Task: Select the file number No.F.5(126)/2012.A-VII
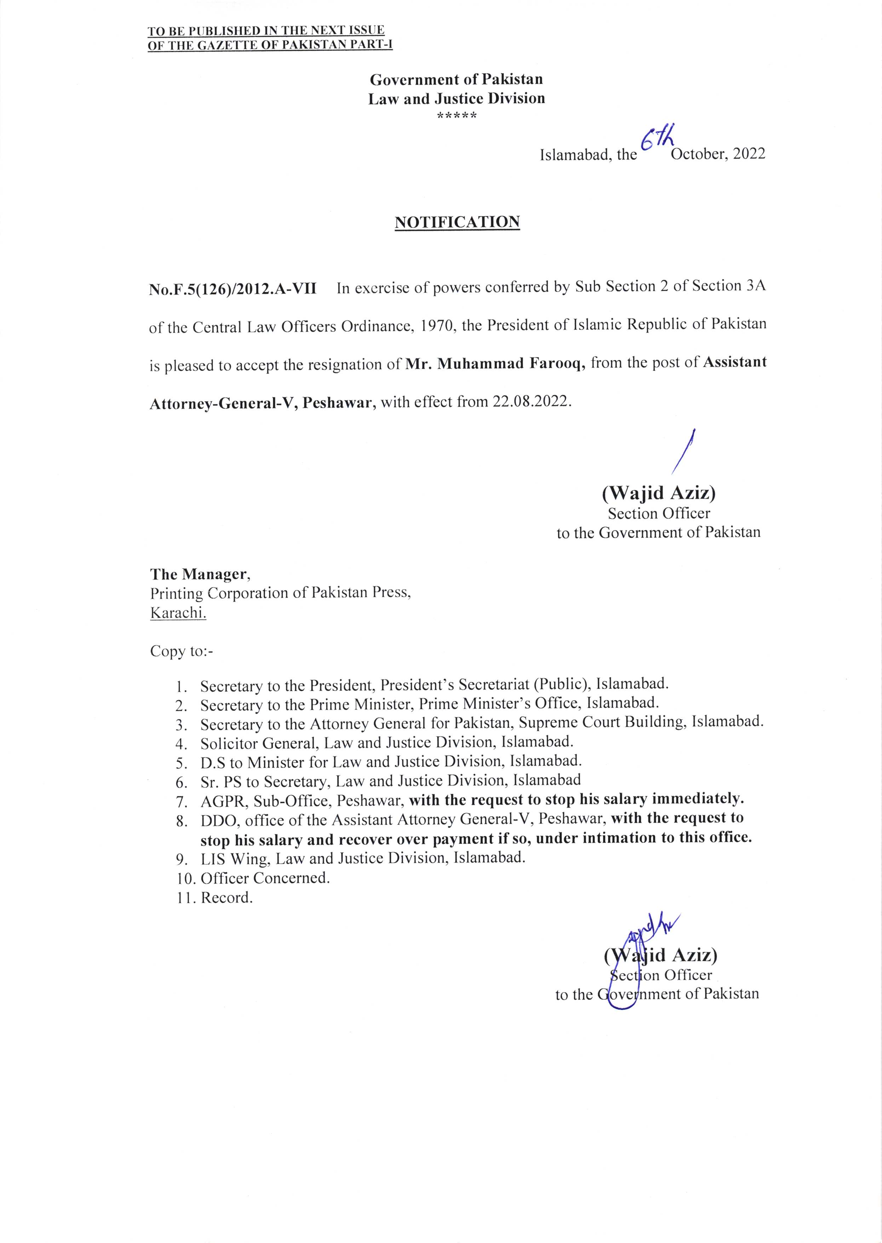233,288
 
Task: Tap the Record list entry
227,897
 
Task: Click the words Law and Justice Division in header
456,99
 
